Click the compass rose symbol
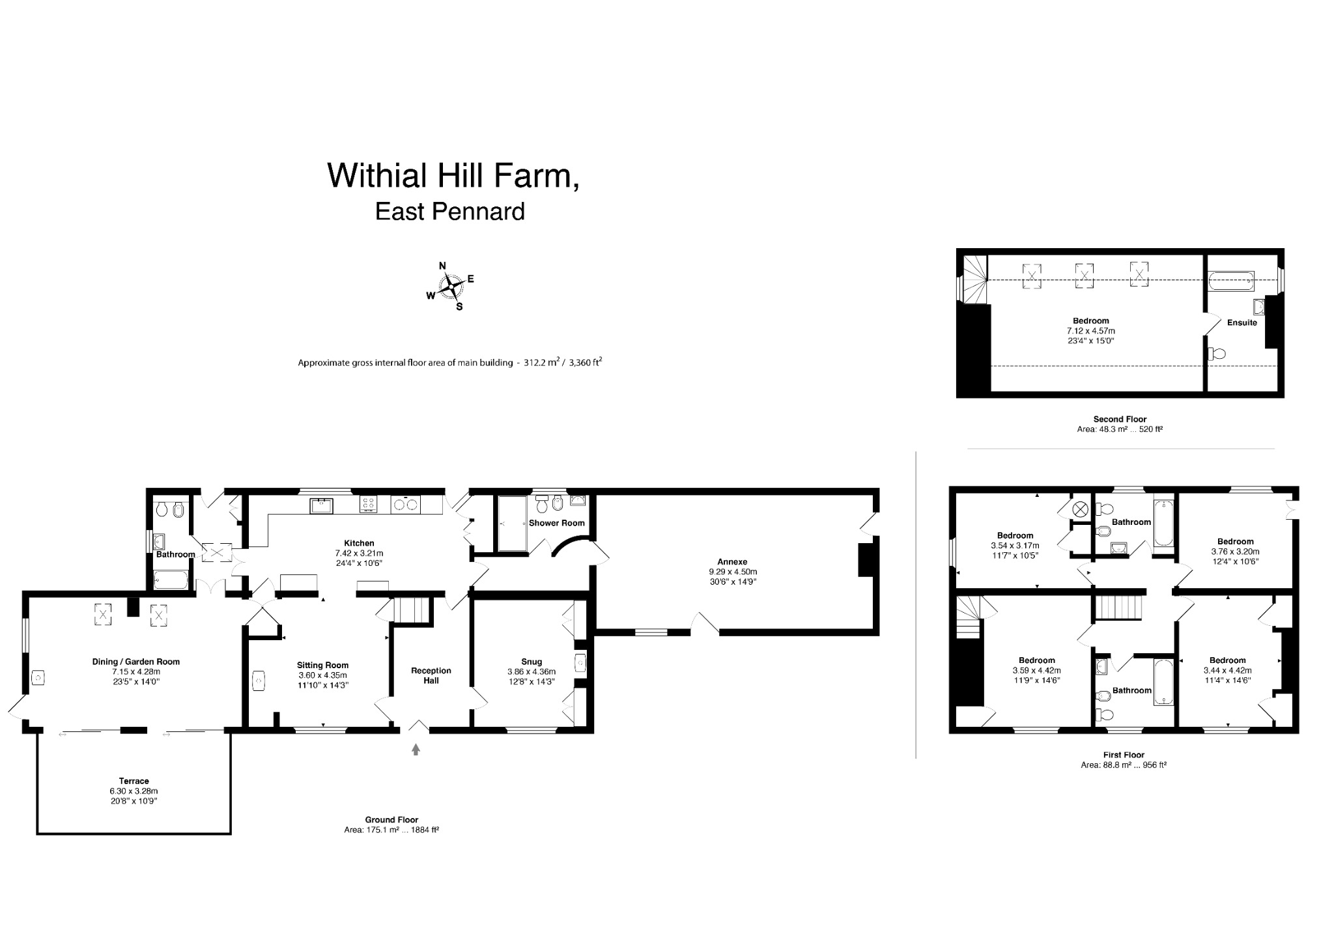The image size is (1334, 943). point(451,287)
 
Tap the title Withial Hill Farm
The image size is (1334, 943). point(453,175)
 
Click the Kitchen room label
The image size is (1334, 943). point(359,543)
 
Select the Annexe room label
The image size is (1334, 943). point(732,561)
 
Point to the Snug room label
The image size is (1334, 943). point(532,662)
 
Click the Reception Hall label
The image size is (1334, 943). point(431,675)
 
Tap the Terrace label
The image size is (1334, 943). point(134,781)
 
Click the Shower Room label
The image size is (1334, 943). point(556,523)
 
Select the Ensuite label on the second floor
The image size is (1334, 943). point(1242,322)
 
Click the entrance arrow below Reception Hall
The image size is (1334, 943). point(416,750)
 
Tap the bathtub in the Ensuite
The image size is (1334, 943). point(1230,281)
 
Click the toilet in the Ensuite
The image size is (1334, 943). point(1217,354)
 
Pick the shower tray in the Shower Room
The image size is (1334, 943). point(512,524)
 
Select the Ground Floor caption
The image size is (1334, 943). point(391,820)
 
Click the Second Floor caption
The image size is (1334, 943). point(1120,419)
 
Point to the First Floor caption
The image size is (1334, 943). point(1124,755)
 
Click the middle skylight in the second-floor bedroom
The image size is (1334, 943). point(1084,274)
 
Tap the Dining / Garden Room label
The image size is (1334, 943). point(136,662)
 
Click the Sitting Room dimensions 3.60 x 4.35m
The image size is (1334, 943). point(323,675)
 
